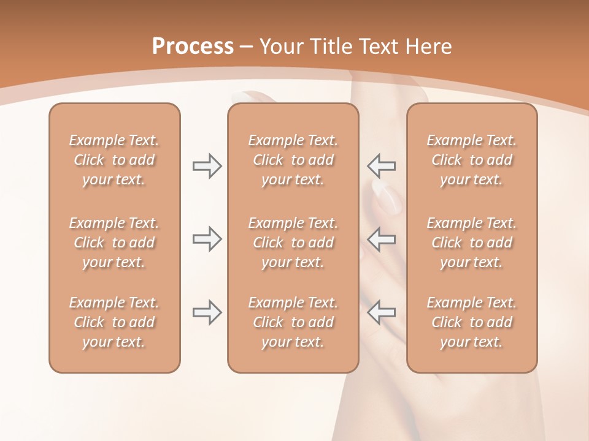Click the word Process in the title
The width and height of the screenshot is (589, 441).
193,47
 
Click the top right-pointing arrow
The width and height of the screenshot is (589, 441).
207,166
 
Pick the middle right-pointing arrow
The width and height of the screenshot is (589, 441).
207,239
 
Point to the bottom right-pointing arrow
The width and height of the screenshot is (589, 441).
207,312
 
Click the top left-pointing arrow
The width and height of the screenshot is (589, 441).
381,166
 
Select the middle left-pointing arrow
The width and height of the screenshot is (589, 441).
381,239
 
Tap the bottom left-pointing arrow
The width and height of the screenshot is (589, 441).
381,312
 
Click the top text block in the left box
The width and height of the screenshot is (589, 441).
114,160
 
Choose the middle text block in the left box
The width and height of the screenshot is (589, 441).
114,243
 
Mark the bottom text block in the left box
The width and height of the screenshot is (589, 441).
114,322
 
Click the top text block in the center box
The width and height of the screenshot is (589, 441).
293,160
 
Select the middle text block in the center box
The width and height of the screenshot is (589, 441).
293,243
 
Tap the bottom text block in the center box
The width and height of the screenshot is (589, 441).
293,322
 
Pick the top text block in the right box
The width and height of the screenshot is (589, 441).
472,160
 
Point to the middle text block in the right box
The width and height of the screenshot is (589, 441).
472,243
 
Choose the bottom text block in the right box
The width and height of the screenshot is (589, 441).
472,322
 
